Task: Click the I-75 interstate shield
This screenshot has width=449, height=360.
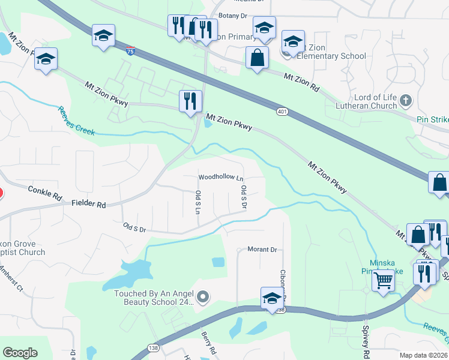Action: [x=131, y=51]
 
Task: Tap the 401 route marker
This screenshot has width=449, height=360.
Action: [x=282, y=112]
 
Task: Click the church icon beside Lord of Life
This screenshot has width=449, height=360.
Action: [x=406, y=99]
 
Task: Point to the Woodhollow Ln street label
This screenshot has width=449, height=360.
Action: [x=221, y=178]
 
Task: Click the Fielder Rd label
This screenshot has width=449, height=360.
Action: [x=88, y=204]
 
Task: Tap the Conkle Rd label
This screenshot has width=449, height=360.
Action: [x=45, y=193]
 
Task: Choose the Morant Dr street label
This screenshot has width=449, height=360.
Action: [x=262, y=250]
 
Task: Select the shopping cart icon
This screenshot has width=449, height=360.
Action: [x=383, y=280]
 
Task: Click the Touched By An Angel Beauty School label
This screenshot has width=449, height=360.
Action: [x=154, y=298]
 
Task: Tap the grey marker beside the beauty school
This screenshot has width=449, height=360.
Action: [x=203, y=296]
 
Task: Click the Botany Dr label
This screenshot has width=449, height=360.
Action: [x=233, y=15]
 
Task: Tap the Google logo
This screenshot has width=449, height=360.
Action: [x=20, y=353]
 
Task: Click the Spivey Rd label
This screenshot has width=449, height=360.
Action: [x=365, y=340]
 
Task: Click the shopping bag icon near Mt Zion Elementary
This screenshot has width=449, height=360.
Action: [x=257, y=58]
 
